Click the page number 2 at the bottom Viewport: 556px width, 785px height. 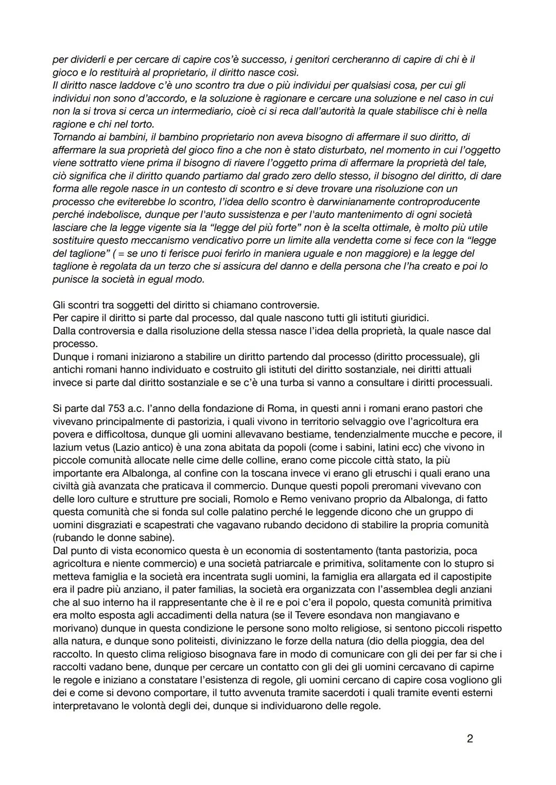click(x=469, y=739)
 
